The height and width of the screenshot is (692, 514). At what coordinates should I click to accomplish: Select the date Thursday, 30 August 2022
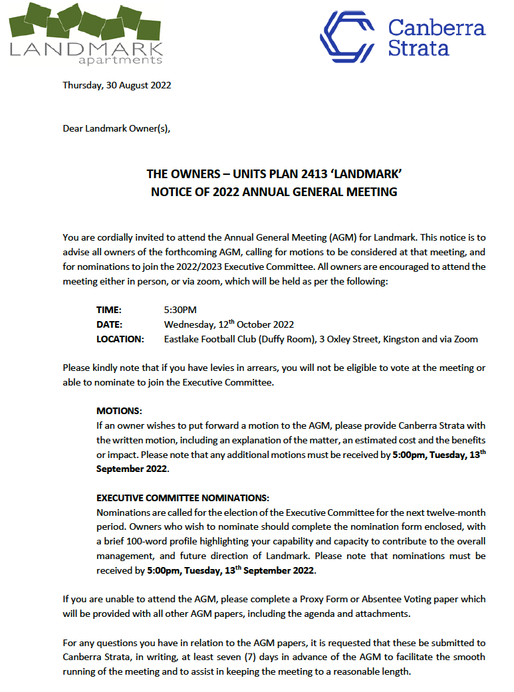click(117, 85)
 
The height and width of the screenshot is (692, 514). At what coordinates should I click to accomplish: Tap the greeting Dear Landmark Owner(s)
click(116, 128)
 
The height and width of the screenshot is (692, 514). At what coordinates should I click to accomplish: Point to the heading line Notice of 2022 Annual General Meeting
click(274, 192)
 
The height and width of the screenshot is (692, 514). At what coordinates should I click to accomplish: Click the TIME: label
click(110, 310)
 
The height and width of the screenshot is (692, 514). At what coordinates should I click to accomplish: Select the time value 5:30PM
click(180, 310)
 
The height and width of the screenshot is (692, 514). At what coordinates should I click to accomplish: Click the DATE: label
click(110, 324)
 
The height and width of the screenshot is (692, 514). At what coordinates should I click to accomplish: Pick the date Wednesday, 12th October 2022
click(229, 324)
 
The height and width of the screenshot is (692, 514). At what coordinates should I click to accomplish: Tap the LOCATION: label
click(120, 339)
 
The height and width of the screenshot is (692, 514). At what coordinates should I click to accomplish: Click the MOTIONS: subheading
click(119, 411)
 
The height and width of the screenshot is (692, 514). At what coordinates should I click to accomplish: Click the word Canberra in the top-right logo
click(436, 27)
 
